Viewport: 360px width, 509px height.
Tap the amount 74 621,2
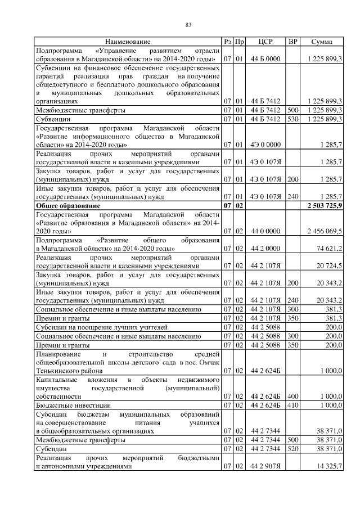click(329, 248)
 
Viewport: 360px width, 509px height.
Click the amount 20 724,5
click(329, 265)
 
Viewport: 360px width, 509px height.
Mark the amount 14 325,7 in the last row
click(329, 467)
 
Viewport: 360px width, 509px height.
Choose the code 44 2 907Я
click(265, 467)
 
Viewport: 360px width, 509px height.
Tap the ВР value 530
click(292, 120)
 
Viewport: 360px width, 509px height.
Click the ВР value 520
click(292, 450)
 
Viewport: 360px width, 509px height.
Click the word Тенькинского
click(57, 371)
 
